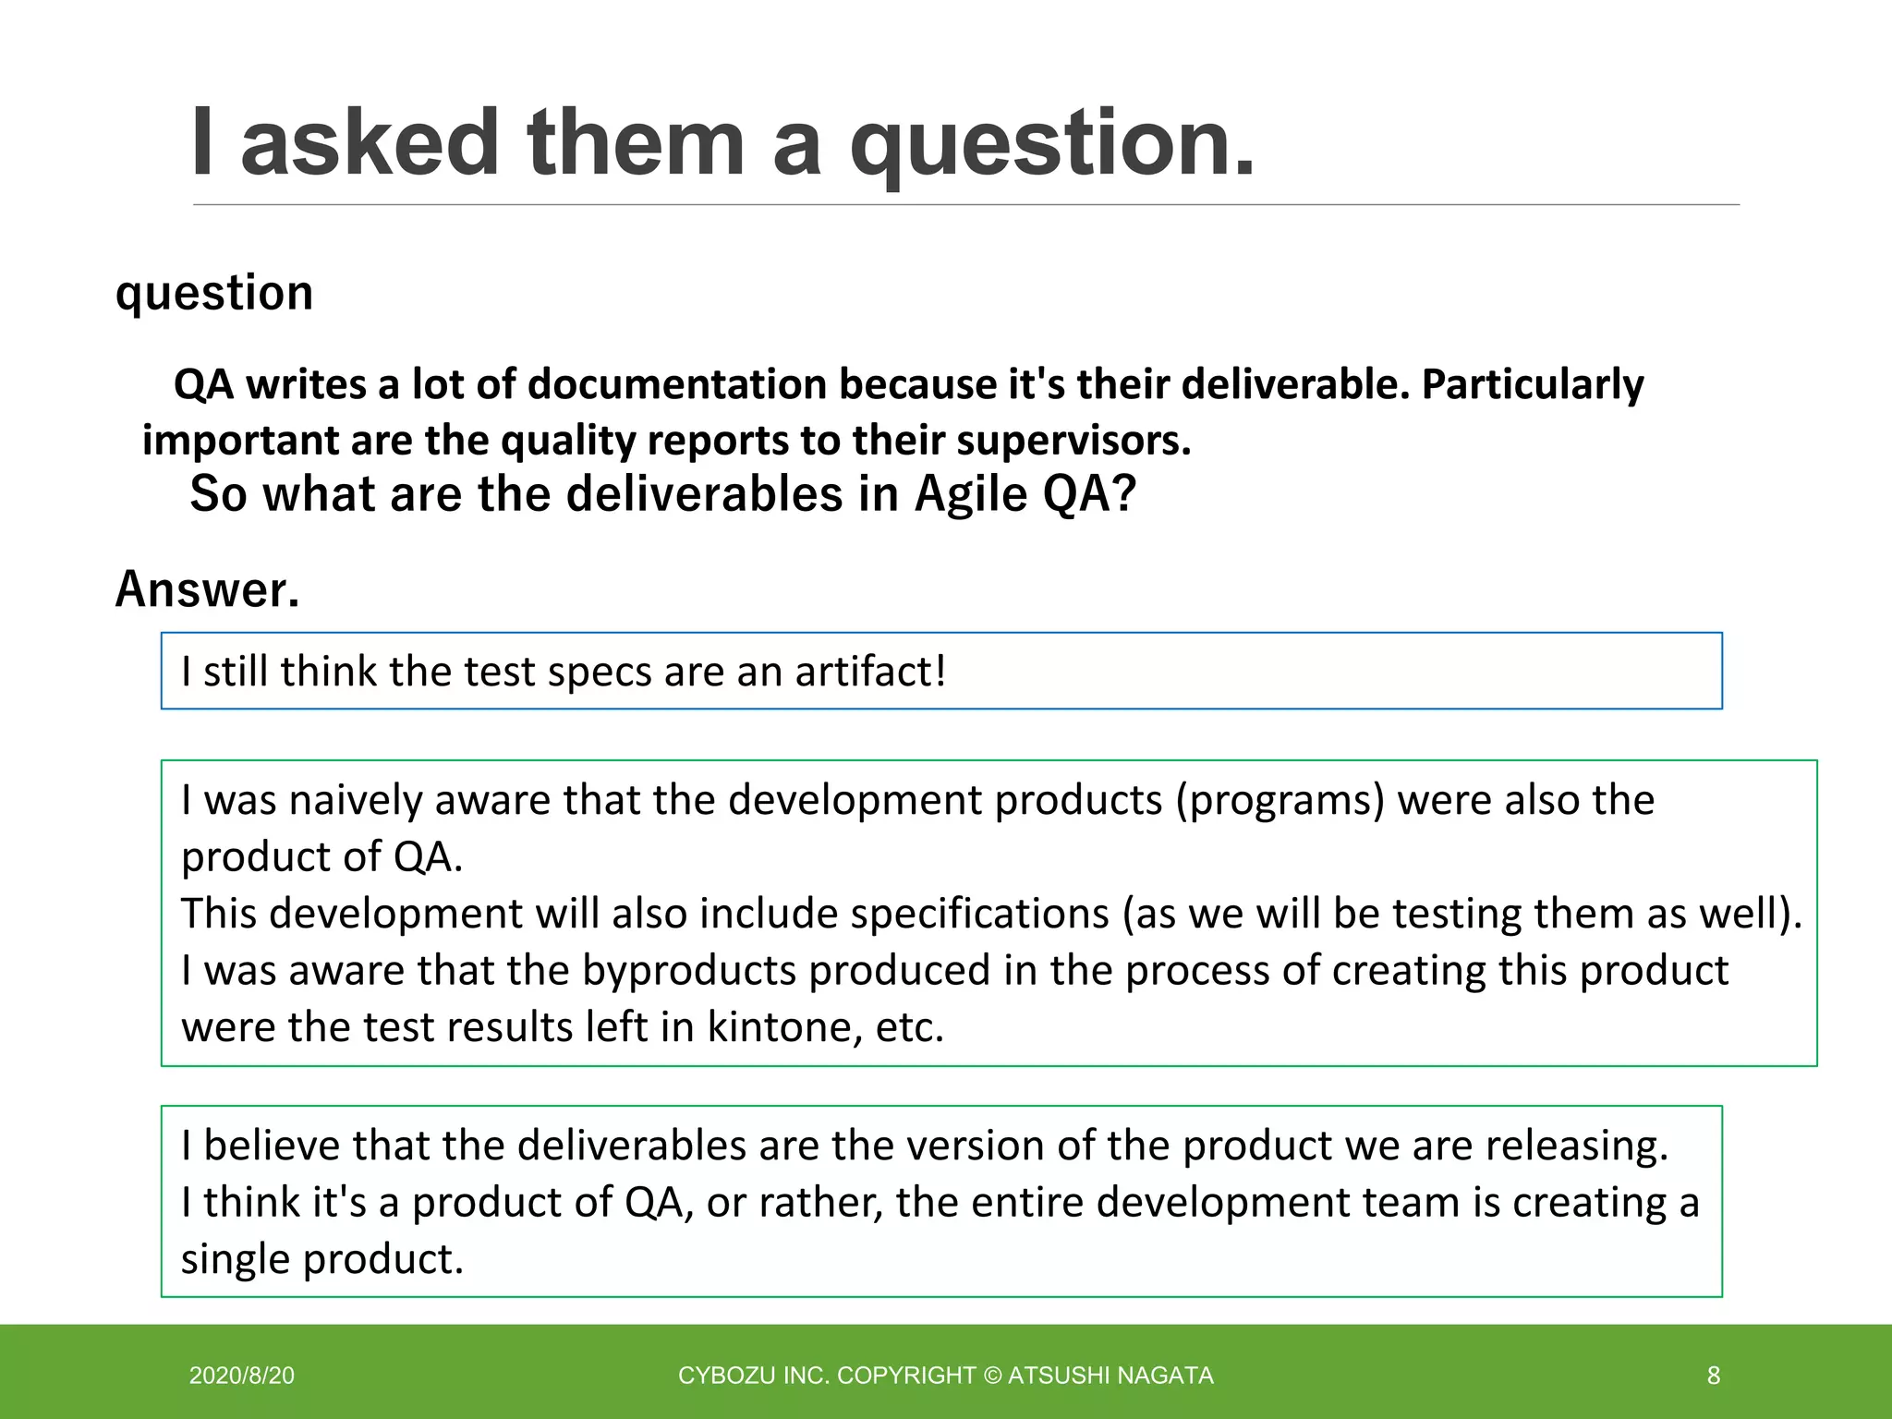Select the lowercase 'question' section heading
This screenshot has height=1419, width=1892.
(214, 294)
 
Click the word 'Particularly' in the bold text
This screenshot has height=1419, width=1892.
(1533, 384)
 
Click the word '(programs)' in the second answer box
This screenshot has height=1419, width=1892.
(1280, 800)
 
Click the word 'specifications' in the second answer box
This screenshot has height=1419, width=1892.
(979, 914)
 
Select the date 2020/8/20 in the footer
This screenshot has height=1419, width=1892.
(242, 1376)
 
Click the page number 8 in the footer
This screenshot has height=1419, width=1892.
(1713, 1376)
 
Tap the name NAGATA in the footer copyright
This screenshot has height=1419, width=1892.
(1167, 1376)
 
